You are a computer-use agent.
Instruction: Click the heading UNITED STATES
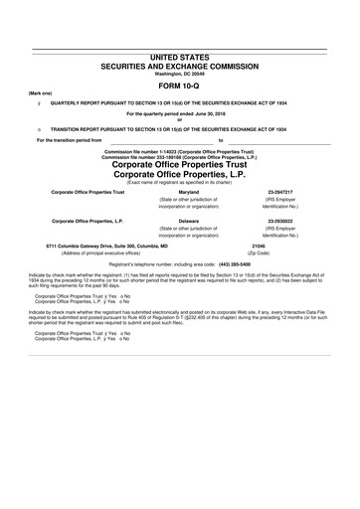coord(179,62)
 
